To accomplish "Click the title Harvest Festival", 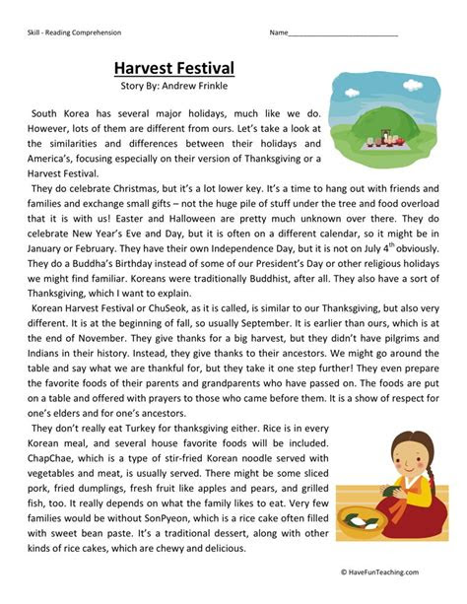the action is pos(173,68).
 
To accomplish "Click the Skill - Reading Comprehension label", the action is pos(74,33).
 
